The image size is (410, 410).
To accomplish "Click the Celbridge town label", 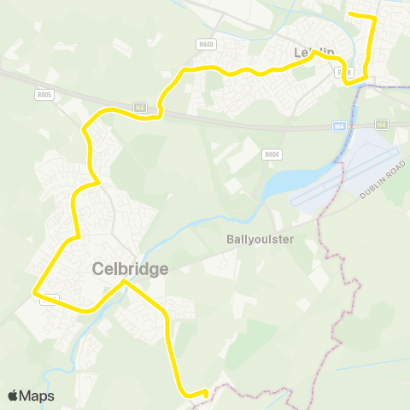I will [x=130, y=268].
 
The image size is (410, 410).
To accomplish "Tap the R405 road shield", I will [x=45, y=95].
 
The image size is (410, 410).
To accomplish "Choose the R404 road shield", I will [x=272, y=155].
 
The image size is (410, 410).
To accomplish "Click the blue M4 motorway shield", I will [x=339, y=126].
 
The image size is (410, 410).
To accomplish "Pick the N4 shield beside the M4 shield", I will [x=381, y=125].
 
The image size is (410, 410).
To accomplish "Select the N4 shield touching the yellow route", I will [x=141, y=107].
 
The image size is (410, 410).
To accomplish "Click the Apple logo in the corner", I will [x=14, y=395].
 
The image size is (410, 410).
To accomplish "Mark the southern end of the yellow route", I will [x=206, y=391].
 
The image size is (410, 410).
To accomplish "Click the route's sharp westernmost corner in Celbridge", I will [x=35, y=293].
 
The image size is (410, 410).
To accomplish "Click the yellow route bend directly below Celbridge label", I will [x=125, y=281].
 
